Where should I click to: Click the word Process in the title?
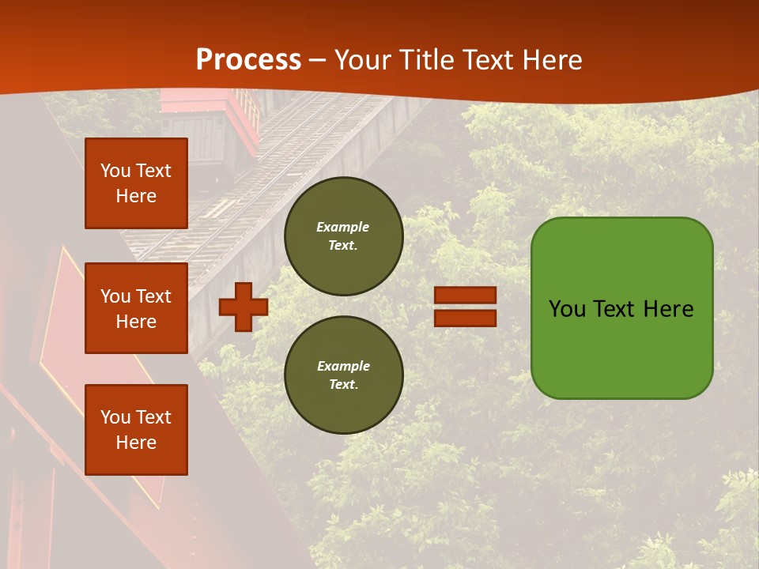coord(248,60)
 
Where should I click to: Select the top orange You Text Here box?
coord(136,183)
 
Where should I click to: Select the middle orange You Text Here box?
coord(136,308)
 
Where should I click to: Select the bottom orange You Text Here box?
coord(136,430)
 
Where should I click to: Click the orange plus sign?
coord(243,307)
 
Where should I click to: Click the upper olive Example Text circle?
coord(343,236)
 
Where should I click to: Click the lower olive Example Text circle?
coord(343,375)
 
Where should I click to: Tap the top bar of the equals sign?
coord(465,296)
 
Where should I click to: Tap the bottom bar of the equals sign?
coord(465,318)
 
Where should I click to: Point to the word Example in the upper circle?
coord(343,227)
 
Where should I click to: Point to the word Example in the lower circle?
coord(343,366)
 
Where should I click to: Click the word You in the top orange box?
coord(115,171)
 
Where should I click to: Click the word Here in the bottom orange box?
coord(136,443)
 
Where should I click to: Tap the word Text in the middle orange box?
coord(153,296)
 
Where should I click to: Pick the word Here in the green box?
coord(669,309)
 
